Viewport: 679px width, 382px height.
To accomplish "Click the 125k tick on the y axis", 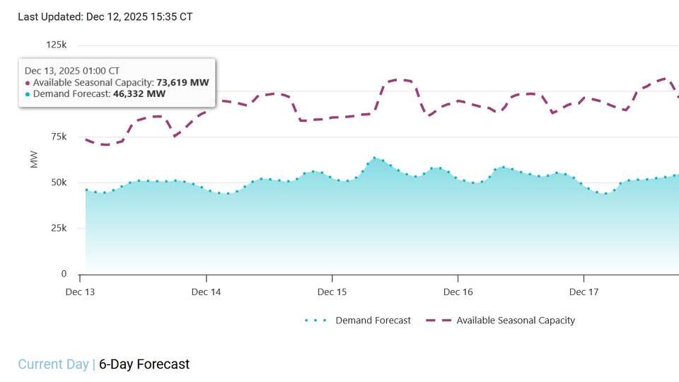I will (x=56, y=45).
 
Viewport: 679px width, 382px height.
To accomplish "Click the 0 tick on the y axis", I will (x=64, y=274).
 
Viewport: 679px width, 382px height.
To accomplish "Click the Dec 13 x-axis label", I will (x=80, y=292).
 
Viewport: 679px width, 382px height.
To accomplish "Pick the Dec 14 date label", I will (x=206, y=292).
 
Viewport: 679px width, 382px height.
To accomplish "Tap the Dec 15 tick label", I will (x=332, y=292).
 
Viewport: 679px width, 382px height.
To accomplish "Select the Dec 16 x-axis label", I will (x=458, y=292).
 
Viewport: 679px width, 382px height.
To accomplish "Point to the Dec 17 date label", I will (x=584, y=292).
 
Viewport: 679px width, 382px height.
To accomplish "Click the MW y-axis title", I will (x=34, y=160).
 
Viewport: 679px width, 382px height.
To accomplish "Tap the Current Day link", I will (x=53, y=364).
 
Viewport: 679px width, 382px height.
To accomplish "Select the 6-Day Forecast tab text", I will (x=144, y=364).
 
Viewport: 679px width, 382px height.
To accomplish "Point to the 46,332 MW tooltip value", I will (x=139, y=93).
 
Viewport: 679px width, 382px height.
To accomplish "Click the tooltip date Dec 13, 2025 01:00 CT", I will (x=72, y=71).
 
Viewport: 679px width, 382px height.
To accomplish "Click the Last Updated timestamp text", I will (x=105, y=16).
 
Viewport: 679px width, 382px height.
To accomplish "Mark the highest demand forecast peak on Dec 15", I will (x=374, y=158).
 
